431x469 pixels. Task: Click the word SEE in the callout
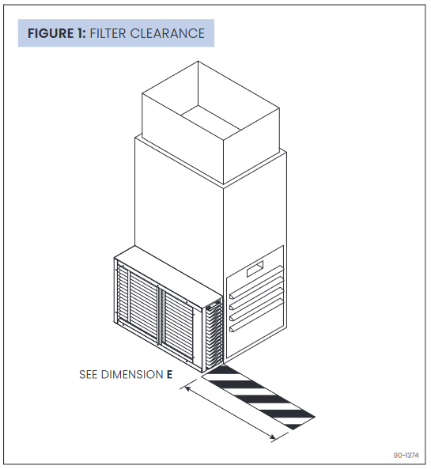[x=89, y=374]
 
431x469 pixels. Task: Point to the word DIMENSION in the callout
[x=131, y=374]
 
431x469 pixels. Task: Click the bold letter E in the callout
[x=169, y=374]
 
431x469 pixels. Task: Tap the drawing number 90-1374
[x=406, y=455]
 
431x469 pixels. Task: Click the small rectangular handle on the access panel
[x=255, y=272]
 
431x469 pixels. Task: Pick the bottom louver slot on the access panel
[x=255, y=325]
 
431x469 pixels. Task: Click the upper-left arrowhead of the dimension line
[x=187, y=387]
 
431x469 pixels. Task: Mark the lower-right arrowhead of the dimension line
[x=274, y=437]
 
